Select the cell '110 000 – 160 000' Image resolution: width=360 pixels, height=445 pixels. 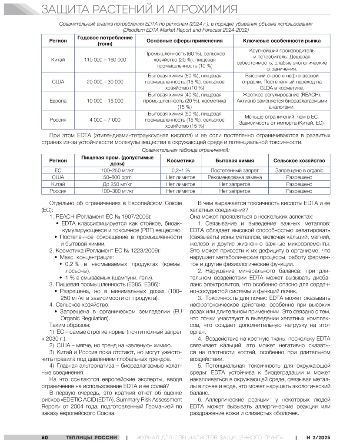105,60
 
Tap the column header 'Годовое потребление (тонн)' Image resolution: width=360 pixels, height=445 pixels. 105,40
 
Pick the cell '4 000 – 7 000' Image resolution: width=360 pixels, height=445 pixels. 105,120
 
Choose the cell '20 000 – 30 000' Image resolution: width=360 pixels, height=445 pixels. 105,82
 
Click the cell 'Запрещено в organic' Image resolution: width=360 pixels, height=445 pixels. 299,171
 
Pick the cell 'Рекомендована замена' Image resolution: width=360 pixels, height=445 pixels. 235,177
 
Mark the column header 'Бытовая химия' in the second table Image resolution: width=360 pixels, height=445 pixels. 235,160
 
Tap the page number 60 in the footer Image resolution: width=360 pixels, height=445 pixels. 45,437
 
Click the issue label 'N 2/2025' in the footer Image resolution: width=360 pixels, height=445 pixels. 319,437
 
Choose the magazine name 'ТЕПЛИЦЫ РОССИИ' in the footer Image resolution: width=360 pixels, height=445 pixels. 91,437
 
